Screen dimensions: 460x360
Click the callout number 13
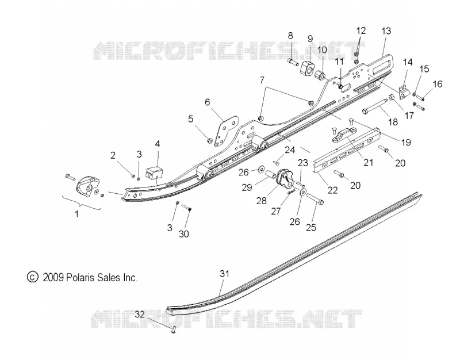(386, 31)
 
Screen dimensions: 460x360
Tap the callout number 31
(224, 274)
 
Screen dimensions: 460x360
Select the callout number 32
(140, 315)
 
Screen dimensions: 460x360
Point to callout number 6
(208, 102)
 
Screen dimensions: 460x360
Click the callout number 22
(332, 190)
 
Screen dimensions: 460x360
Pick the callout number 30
(184, 234)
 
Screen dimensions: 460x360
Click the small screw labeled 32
(173, 330)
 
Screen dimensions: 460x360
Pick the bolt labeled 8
(293, 62)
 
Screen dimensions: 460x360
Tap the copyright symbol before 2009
(32, 277)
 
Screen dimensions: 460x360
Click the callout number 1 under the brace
(77, 214)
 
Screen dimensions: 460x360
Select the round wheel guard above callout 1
(87, 185)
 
